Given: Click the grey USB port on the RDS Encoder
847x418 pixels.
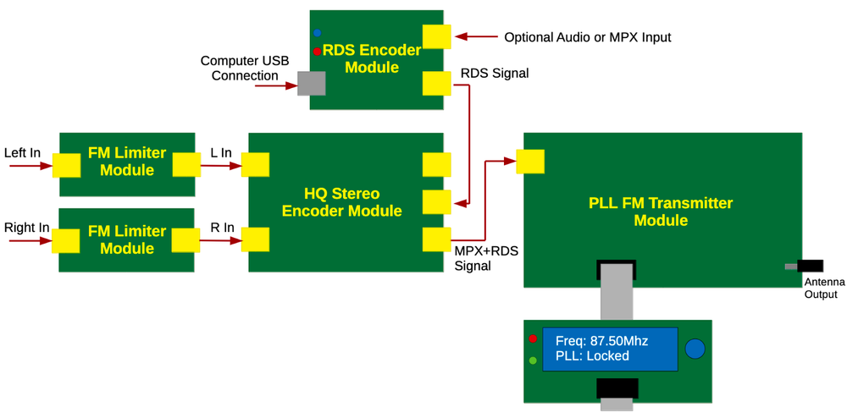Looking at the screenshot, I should [312, 83].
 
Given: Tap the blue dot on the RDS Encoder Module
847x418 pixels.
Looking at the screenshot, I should [317, 33].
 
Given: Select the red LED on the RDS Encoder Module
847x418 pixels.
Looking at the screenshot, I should [317, 52].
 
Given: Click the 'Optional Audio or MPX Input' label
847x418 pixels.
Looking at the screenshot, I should [587, 37].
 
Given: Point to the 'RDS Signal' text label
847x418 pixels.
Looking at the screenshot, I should [494, 74].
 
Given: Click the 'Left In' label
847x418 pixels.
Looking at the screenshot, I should [22, 153].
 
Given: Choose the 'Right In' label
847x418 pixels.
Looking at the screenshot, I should [26, 228].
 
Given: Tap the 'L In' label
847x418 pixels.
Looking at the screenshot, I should [220, 153].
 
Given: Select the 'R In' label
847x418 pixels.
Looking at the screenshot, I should [222, 228].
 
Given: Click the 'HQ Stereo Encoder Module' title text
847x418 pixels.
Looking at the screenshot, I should [341, 202].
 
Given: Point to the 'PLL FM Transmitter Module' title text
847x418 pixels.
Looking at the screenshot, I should [661, 212].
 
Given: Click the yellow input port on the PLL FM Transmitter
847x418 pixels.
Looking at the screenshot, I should [530, 161].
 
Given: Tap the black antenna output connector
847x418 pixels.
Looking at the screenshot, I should [809, 267].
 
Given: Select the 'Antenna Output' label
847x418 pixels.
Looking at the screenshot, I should [823, 288].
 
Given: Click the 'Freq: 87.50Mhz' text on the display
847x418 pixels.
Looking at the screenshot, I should [601, 341].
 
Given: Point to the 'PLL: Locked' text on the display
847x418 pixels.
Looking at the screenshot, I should [592, 356].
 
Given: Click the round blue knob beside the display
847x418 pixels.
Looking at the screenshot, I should [695, 349].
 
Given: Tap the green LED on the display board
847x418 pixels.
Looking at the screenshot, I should [533, 360].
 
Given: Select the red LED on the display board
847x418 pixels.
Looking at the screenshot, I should [533, 338].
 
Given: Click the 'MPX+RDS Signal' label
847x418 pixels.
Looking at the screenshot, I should [485, 258].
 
